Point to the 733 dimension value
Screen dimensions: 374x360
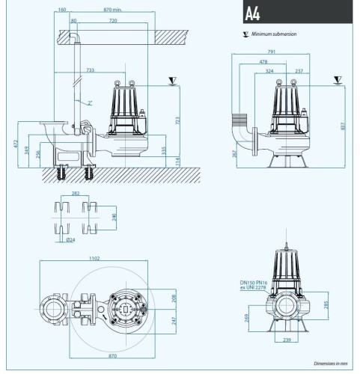point(91,70)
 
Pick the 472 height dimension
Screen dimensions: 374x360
point(14,143)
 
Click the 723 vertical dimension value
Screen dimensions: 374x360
point(177,120)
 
